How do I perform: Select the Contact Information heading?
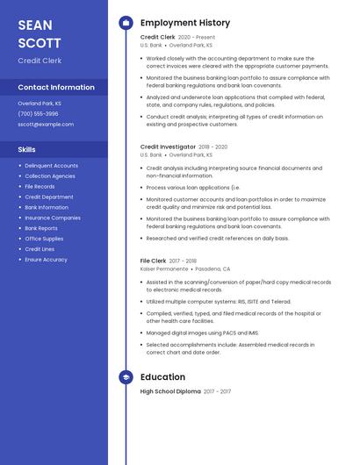pyautogui.click(x=56, y=87)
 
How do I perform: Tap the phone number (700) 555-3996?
pyautogui.click(x=38, y=113)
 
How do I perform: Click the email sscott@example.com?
pyautogui.click(x=46, y=124)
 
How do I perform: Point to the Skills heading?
pyautogui.click(x=26, y=149)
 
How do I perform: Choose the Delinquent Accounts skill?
pyautogui.click(x=51, y=165)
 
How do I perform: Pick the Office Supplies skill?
pyautogui.click(x=44, y=239)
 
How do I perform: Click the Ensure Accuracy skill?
pyautogui.click(x=46, y=260)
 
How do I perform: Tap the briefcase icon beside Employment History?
pyautogui.click(x=126, y=23)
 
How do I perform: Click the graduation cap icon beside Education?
pyautogui.click(x=126, y=376)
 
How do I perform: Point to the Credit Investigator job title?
pyautogui.click(x=168, y=147)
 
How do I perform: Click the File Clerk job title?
pyautogui.click(x=153, y=261)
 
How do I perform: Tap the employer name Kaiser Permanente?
pyautogui.click(x=164, y=268)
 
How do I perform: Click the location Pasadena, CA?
pyautogui.click(x=213, y=268)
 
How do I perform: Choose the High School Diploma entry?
pyautogui.click(x=170, y=390)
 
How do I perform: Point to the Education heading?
pyautogui.click(x=162, y=376)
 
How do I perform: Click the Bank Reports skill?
pyautogui.click(x=41, y=228)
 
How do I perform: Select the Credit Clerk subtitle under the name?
pyautogui.click(x=40, y=61)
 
